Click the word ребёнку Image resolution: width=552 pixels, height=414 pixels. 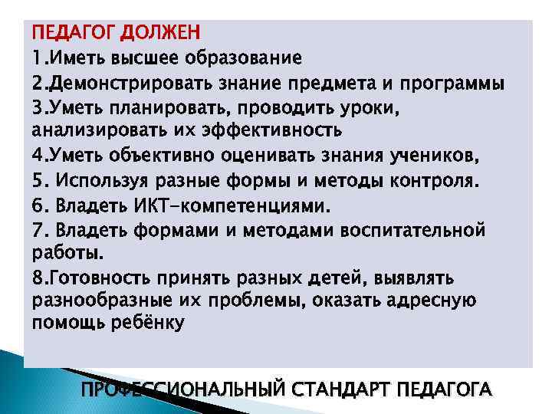point(145,324)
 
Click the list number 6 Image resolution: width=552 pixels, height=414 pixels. point(38,205)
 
